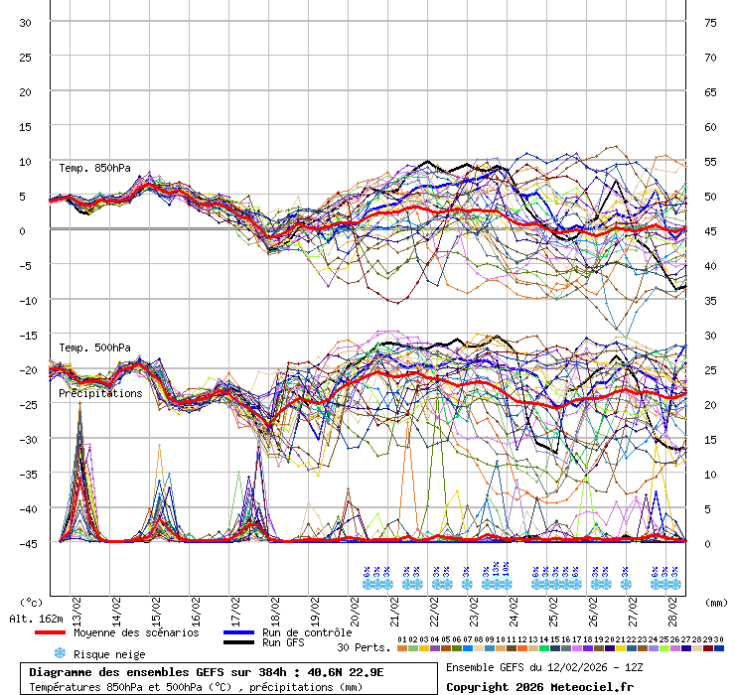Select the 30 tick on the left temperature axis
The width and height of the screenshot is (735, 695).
(25, 22)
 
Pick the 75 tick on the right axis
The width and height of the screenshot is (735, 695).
(710, 22)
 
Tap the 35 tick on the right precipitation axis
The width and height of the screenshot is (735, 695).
(710, 300)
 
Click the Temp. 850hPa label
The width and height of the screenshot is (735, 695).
(94, 168)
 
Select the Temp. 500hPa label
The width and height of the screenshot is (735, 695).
(94, 347)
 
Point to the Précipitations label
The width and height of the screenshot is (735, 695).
(99, 393)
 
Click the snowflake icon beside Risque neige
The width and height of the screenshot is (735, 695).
(60, 653)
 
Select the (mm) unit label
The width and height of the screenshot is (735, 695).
(716, 602)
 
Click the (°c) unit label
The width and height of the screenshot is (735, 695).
(31, 602)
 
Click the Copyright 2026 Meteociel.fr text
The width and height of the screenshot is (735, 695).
(539, 686)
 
